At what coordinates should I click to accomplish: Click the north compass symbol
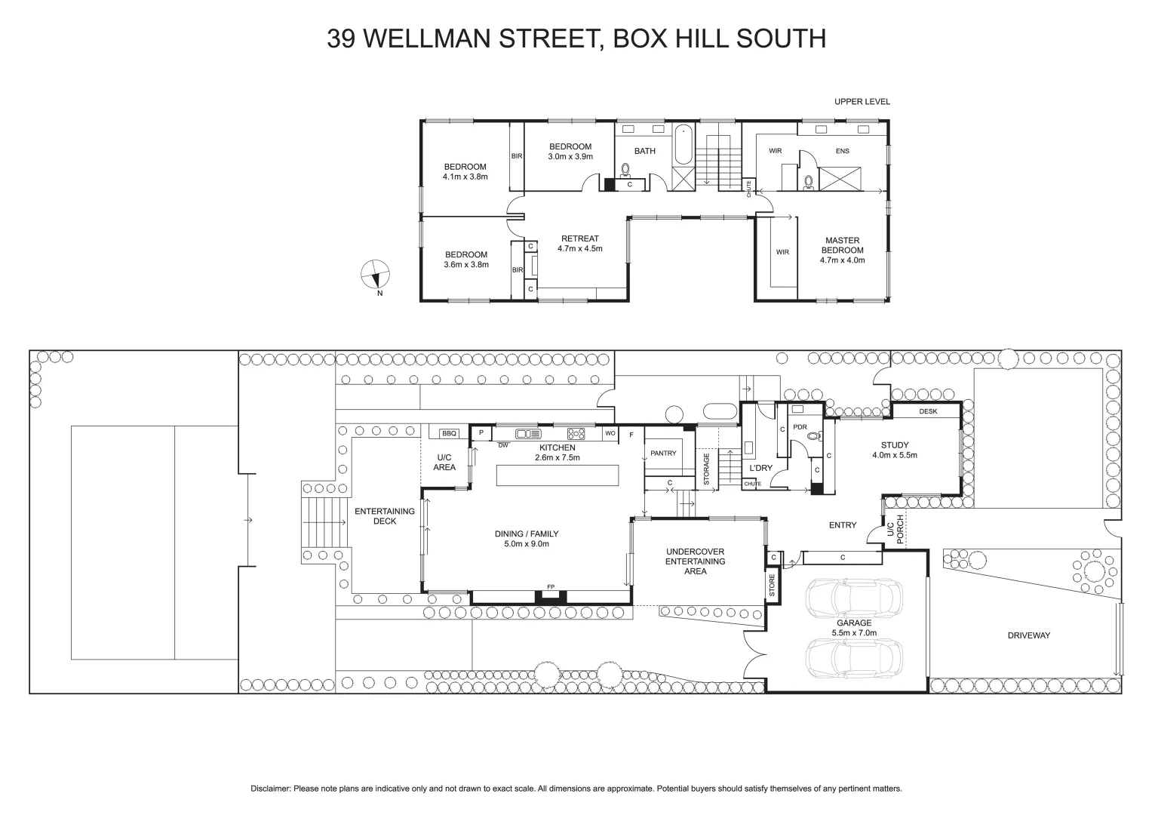(375, 273)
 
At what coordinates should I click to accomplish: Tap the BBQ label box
(450, 433)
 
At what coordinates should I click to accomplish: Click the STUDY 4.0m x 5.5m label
(894, 450)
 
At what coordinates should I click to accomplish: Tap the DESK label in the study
(928, 412)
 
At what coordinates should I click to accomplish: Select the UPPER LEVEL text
(862, 102)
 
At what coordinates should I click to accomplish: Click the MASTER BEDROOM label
(842, 250)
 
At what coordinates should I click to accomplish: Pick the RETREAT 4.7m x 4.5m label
(579, 243)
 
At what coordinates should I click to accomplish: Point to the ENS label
(842, 151)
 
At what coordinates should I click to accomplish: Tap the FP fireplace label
(550, 587)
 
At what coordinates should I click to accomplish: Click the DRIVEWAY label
(1028, 635)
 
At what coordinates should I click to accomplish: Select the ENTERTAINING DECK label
(385, 516)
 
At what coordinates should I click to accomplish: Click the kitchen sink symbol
(528, 433)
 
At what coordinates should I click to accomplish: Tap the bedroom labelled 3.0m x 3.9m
(570, 152)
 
